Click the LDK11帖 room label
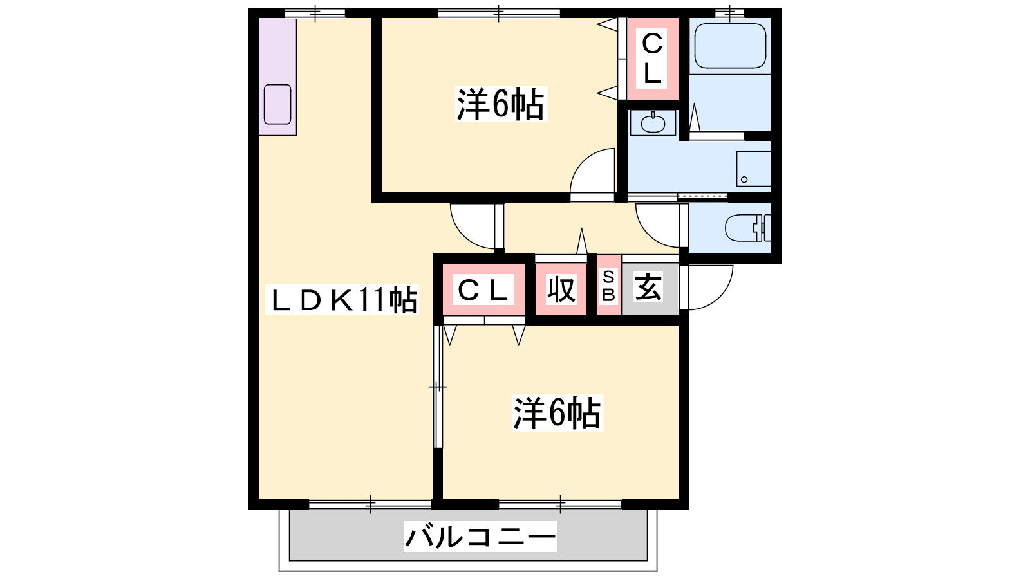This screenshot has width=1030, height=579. tap(342, 300)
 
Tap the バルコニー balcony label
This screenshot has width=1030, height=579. tap(480, 537)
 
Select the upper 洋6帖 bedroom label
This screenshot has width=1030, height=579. tap(501, 104)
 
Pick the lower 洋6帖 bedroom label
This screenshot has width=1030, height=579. tap(557, 413)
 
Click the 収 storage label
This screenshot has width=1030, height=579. tap(561, 289)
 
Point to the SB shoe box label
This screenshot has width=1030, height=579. tap(608, 286)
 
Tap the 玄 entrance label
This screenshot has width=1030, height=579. tap(648, 286)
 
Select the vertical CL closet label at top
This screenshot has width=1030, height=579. tap(652, 58)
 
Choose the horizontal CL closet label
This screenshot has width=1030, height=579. tap(483, 289)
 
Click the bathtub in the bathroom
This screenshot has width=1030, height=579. tap(730, 46)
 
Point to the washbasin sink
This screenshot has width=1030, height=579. tap(653, 123)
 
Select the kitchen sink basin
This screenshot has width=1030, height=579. tap(277, 104)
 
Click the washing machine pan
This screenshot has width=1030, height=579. tap(754, 169)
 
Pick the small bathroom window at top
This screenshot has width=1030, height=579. tap(730, 13)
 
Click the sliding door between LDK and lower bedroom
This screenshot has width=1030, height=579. tap(438, 387)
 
